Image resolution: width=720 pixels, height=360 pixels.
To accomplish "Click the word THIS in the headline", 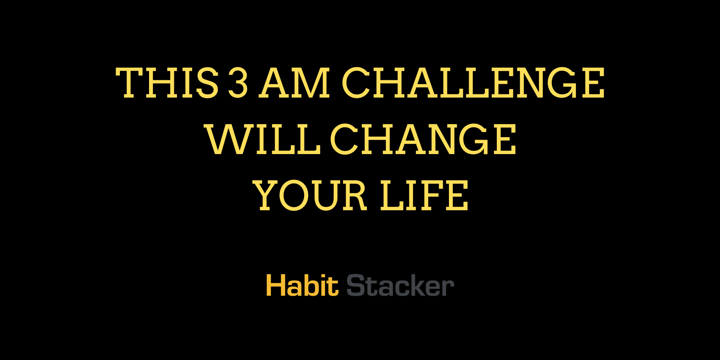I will click(x=167, y=83).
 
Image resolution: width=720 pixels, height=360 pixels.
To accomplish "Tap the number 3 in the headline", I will click(x=238, y=83).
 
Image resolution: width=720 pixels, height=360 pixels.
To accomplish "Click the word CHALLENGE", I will click(x=473, y=83).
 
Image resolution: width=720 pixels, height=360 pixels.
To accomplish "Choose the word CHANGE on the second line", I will click(x=423, y=139).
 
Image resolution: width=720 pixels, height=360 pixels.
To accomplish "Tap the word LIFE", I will click(x=424, y=195).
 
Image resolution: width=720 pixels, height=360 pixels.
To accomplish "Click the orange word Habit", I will click(x=302, y=285).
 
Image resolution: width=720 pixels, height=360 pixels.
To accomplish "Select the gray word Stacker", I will click(x=400, y=285).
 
